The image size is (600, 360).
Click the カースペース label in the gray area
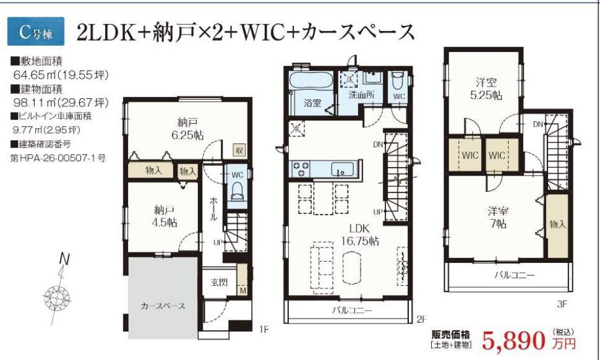coord(163,306)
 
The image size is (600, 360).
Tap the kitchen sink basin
coord(341,169)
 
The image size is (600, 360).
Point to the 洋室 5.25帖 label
coord(486,89)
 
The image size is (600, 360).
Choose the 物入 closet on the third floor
coord(557,224)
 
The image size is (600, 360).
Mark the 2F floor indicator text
coord(422,319)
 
